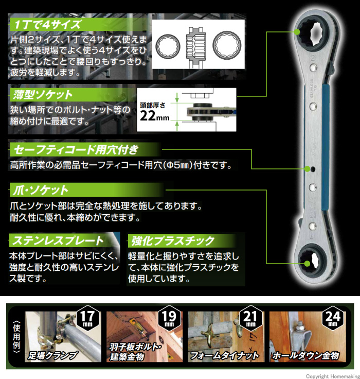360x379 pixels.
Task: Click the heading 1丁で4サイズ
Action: tap(47, 25)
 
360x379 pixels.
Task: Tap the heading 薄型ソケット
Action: tap(43, 95)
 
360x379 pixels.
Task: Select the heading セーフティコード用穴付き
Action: tap(76, 150)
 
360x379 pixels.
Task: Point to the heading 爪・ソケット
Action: tap(40, 190)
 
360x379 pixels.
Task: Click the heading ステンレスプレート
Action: tap(58, 240)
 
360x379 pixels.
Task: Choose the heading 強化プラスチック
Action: tap(173, 241)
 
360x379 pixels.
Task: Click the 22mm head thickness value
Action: tap(155, 116)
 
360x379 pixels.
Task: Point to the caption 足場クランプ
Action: tap(52, 355)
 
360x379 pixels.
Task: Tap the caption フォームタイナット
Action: tap(225, 355)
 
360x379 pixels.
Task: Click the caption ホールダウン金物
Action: tap(306, 355)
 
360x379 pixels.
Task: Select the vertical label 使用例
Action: tap(16, 337)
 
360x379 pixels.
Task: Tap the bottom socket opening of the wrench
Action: tap(312, 262)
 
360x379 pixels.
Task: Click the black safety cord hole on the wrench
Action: tap(313, 169)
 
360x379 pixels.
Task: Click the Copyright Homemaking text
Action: tap(333, 376)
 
